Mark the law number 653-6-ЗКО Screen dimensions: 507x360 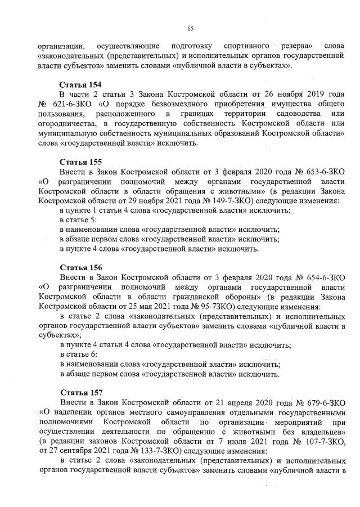323,172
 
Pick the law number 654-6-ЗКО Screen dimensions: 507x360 323,277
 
